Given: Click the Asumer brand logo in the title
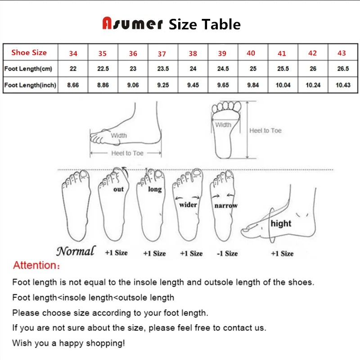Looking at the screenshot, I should pyautogui.click(x=132, y=24).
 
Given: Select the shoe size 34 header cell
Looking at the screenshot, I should pyautogui.click(x=73, y=54).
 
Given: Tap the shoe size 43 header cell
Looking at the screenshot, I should pyautogui.click(x=342, y=53).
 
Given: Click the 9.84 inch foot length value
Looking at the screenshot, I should pyautogui.click(x=253, y=85).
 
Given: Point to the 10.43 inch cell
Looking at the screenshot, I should pyautogui.click(x=343, y=85).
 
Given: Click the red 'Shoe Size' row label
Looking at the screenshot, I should pyautogui.click(x=29, y=53).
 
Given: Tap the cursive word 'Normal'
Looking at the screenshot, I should pyautogui.click(x=76, y=251).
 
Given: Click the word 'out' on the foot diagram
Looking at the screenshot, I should pyautogui.click(x=118, y=189).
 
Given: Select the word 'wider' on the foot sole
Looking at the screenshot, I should pyautogui.click(x=188, y=205).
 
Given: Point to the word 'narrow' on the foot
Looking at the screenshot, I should pyautogui.click(x=225, y=205).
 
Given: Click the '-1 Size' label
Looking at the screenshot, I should pyautogui.click(x=227, y=253).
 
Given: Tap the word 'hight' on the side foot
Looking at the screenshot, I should pyautogui.click(x=281, y=223).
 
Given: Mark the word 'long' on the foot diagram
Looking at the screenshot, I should pyautogui.click(x=155, y=189).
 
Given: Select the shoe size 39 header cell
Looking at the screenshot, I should pyautogui.click(x=222, y=54).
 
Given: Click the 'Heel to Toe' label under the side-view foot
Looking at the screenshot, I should pyautogui.click(x=127, y=153).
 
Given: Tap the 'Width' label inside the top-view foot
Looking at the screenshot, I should pyautogui.click(x=223, y=125).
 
